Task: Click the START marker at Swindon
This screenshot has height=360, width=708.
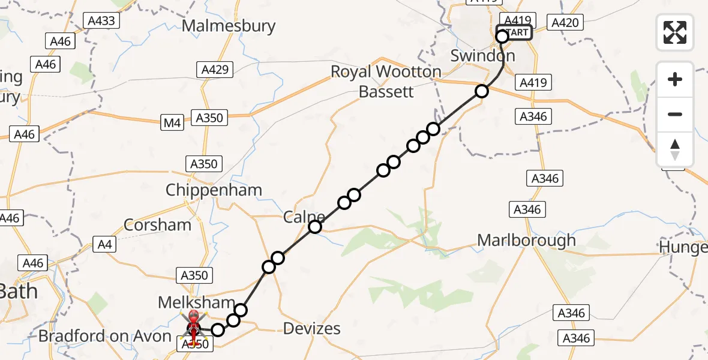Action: coord(514,32)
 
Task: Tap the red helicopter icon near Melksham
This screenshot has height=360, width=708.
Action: coord(194,324)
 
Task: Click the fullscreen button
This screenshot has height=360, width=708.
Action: coord(675,32)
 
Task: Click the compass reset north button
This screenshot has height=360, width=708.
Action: coord(675,149)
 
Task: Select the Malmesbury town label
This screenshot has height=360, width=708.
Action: coord(229,26)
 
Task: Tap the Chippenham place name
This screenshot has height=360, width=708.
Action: coord(214,190)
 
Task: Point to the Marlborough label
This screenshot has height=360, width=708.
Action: coord(526,240)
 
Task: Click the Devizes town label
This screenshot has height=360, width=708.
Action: coord(311,328)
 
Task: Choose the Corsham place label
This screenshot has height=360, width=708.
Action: coord(157,225)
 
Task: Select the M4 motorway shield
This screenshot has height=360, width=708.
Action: coord(172,123)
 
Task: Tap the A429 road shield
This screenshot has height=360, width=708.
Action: coord(215,70)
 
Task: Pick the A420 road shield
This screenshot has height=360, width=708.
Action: coord(565,23)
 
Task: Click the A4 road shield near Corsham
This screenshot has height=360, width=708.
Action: coord(105,244)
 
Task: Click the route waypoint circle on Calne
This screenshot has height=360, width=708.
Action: coord(315,226)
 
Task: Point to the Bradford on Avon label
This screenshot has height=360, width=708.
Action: coord(105,336)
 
